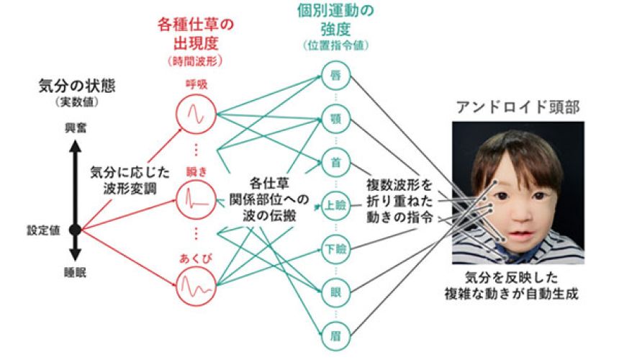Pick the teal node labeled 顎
coord(334,118)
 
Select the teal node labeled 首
coord(334,162)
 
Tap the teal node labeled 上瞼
coord(334,206)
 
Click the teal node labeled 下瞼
coord(334,249)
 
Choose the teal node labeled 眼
coord(334,293)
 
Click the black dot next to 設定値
coord(76,230)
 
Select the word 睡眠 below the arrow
coord(75,271)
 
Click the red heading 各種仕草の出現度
coord(195,33)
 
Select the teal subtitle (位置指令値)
coord(334,45)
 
